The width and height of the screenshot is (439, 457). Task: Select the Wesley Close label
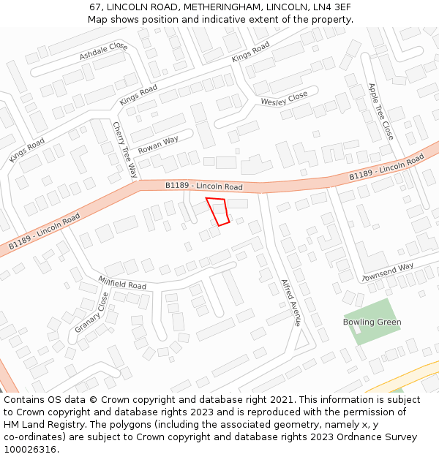[x=285, y=99]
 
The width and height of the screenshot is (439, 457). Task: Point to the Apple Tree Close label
[x=381, y=110]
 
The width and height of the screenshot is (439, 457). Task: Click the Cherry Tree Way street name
[x=125, y=150]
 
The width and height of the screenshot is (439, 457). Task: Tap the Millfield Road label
[x=122, y=282]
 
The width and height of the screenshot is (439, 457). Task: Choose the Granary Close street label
[x=91, y=312]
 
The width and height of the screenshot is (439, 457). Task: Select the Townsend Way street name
[x=388, y=273]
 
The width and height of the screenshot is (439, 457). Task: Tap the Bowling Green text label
[x=372, y=322]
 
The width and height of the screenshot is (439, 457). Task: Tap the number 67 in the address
[x=95, y=7]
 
